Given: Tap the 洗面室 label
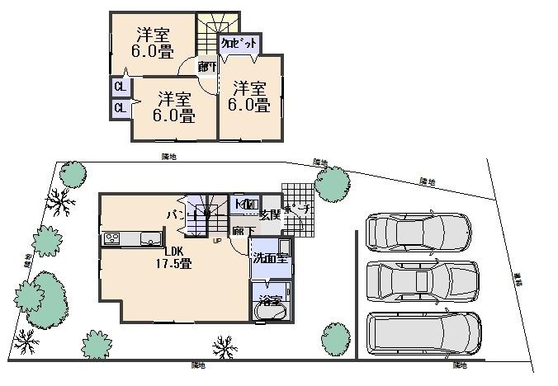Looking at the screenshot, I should pyautogui.click(x=271, y=257).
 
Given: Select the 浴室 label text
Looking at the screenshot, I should pyautogui.click(x=270, y=298).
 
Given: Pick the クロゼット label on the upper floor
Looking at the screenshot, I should pyautogui.click(x=239, y=45).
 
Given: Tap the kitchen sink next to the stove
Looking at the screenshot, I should pyautogui.click(x=150, y=239).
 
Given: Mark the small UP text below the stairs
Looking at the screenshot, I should pyautogui.click(x=216, y=242).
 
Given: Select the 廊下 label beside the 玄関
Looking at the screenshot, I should pyautogui.click(x=243, y=232).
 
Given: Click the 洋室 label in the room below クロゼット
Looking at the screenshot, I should pyautogui.click(x=249, y=96).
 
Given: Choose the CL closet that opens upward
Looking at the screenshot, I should pyautogui.click(x=120, y=86).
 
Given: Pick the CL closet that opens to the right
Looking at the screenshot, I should pyautogui.click(x=120, y=107).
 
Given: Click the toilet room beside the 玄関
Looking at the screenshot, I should pyautogui.click(x=246, y=204).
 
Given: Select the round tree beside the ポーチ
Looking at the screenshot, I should pyautogui.click(x=333, y=183).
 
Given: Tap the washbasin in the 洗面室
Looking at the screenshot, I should pyautogui.click(x=285, y=247).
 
